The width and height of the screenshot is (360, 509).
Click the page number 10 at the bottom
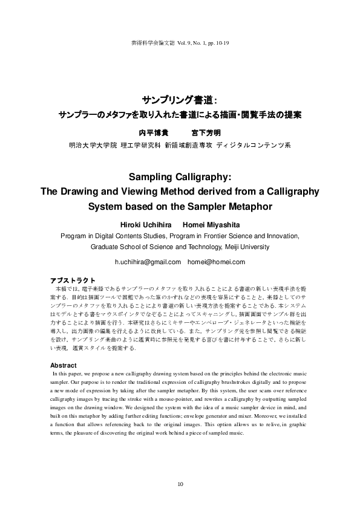click(180, 484)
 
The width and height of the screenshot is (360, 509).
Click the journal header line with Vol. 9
click(180, 43)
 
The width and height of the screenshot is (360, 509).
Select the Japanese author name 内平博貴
click(151, 132)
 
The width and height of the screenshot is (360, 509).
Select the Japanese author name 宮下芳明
click(206, 132)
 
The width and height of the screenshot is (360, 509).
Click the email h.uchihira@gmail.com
click(148, 262)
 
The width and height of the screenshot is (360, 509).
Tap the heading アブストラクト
click(72, 280)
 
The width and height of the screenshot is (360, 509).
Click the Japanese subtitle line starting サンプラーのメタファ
click(179, 114)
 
